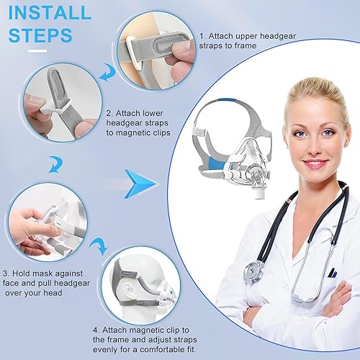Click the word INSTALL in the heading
coord(51,14)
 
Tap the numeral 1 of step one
coord(202,35)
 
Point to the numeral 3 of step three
coord(6,273)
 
